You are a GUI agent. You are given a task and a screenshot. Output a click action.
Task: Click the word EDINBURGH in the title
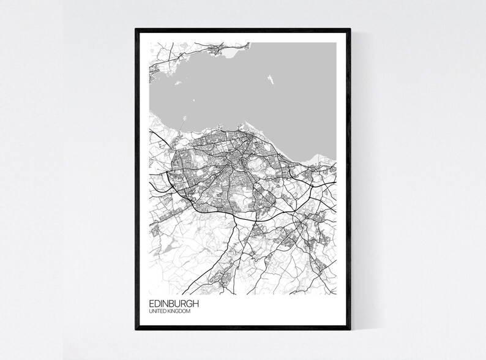[173, 304]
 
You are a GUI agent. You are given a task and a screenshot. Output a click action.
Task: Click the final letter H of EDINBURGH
[195, 304]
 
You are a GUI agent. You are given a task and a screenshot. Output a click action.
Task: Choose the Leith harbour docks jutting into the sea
[243, 129]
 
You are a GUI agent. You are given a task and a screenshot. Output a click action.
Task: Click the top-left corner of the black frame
[135, 28]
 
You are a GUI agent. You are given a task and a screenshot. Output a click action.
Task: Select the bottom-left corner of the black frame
[135, 331]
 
